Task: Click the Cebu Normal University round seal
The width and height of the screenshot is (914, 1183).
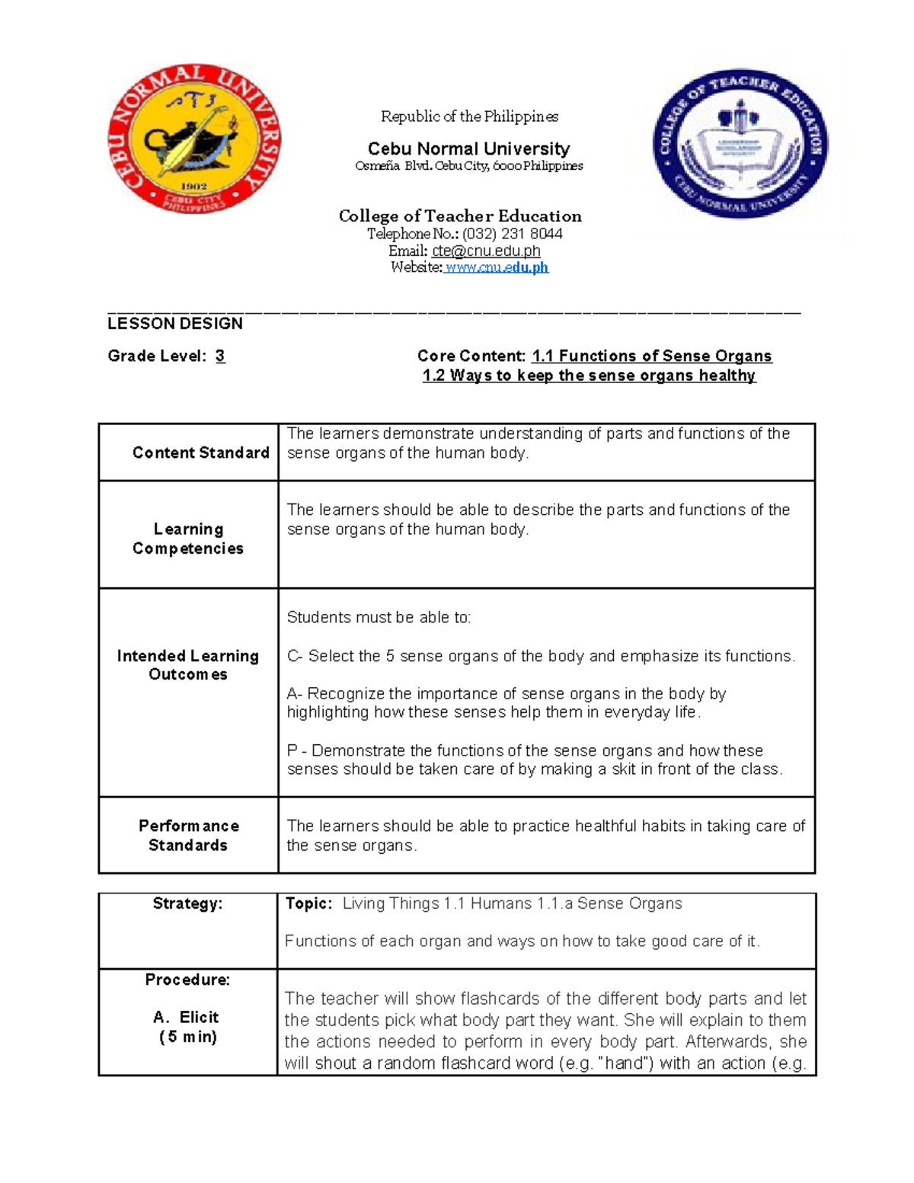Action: tap(194, 139)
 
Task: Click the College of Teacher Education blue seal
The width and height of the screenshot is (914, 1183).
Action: tap(740, 145)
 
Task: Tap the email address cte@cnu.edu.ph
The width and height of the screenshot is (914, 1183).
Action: tap(486, 251)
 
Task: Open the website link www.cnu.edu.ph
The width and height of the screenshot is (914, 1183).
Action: tap(496, 267)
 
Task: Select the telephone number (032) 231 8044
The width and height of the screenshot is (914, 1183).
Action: tap(512, 234)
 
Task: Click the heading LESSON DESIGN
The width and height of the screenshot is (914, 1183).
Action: tap(175, 324)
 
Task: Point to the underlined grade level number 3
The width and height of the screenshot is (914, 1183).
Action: tap(220, 356)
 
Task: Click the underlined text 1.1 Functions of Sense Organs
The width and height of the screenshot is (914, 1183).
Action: tap(651, 356)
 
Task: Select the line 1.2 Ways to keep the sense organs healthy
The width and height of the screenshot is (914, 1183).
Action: tap(589, 376)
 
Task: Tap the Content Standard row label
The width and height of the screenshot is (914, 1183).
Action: tap(200, 452)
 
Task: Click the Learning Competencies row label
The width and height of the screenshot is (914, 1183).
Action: tap(188, 539)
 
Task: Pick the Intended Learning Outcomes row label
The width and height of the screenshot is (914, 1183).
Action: tap(188, 665)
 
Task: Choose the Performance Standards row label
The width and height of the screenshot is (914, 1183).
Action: tap(188, 836)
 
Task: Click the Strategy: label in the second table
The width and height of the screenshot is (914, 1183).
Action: tap(187, 903)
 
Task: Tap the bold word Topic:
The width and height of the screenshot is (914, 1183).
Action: tap(308, 903)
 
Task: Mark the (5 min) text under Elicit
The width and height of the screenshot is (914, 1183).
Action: tap(188, 1037)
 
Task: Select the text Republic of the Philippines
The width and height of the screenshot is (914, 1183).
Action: tap(469, 117)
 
